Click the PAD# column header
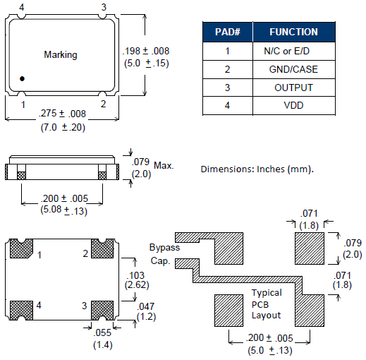tap(228, 32)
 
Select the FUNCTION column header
tap(293, 32)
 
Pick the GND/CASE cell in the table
tap(293, 69)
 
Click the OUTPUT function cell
tap(293, 88)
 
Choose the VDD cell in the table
tap(293, 105)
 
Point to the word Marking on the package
tap(61, 55)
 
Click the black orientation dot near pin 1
tap(22, 78)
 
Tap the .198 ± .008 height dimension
tap(146, 51)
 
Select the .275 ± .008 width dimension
tap(62, 114)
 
